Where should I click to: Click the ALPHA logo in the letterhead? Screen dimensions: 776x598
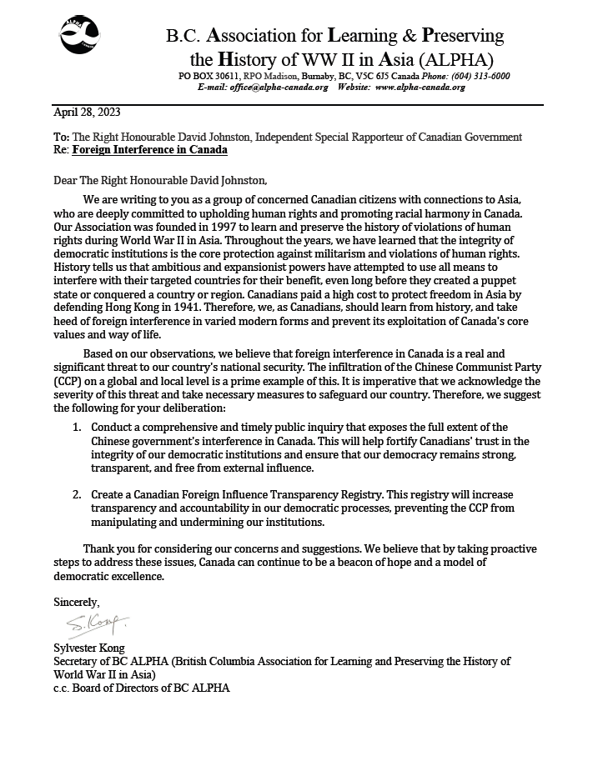pos(80,36)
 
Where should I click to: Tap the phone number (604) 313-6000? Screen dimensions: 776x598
pos(480,76)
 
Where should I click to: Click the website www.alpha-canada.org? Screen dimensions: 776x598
pos(420,87)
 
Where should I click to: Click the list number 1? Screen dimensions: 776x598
pos(75,428)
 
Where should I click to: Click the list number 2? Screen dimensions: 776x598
pos(75,494)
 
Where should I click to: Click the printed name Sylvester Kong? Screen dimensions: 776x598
pos(89,648)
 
